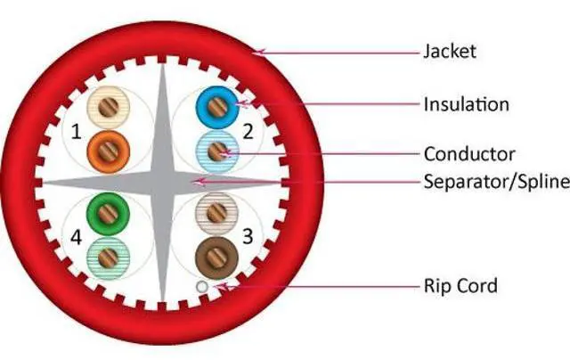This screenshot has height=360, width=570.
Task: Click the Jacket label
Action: (449, 51)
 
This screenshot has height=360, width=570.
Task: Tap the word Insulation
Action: (466, 104)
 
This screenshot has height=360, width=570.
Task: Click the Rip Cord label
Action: (460, 286)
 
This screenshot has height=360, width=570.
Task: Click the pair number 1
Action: (76, 133)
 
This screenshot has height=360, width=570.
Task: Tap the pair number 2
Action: (248, 133)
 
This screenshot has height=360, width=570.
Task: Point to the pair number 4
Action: (76, 239)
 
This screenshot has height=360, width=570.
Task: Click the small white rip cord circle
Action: (203, 287)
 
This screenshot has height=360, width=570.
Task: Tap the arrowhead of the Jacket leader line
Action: (255, 52)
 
